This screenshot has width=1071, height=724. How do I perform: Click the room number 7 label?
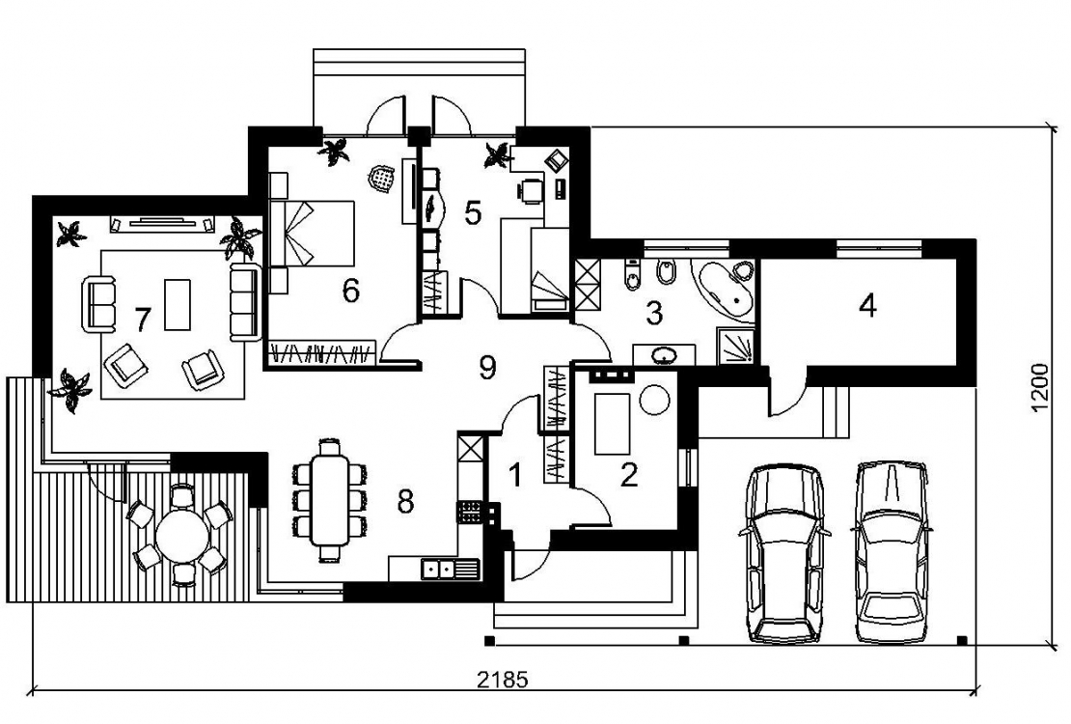coord(142,319)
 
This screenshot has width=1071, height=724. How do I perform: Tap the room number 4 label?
coord(867,305)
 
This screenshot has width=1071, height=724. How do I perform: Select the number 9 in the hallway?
coord(487,368)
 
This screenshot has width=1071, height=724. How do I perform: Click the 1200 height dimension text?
coord(1039,388)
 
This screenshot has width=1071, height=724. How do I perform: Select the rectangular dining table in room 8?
coord(330,500)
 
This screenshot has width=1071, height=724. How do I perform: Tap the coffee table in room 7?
coord(178,304)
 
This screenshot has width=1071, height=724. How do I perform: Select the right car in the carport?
coord(892,551)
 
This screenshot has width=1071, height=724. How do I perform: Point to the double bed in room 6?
coord(313,234)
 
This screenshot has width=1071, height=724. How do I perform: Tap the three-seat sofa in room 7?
coord(244,301)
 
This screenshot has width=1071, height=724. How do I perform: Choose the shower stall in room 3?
coord(736,345)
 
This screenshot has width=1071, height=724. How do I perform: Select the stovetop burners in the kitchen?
coord(470,512)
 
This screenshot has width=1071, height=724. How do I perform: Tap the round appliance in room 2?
coord(655,400)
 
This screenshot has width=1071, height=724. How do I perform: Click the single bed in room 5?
coord(550,270)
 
